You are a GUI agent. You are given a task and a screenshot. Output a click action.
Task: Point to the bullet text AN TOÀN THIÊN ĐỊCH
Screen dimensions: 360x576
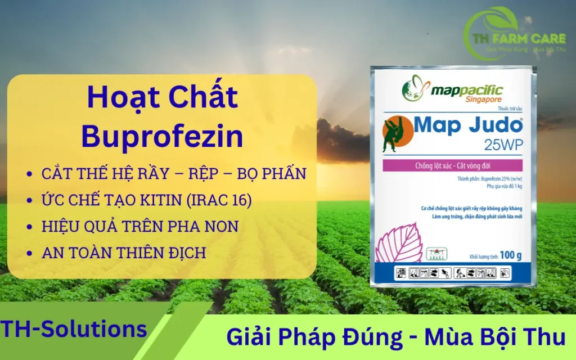pos(124,253)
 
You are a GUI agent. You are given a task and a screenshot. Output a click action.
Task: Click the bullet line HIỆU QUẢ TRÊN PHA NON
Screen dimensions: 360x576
pos(140,226)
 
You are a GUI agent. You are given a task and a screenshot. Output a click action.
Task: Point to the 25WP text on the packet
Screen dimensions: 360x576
pos(503,146)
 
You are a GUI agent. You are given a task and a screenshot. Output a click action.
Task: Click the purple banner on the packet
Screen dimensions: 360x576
pos(453,165)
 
